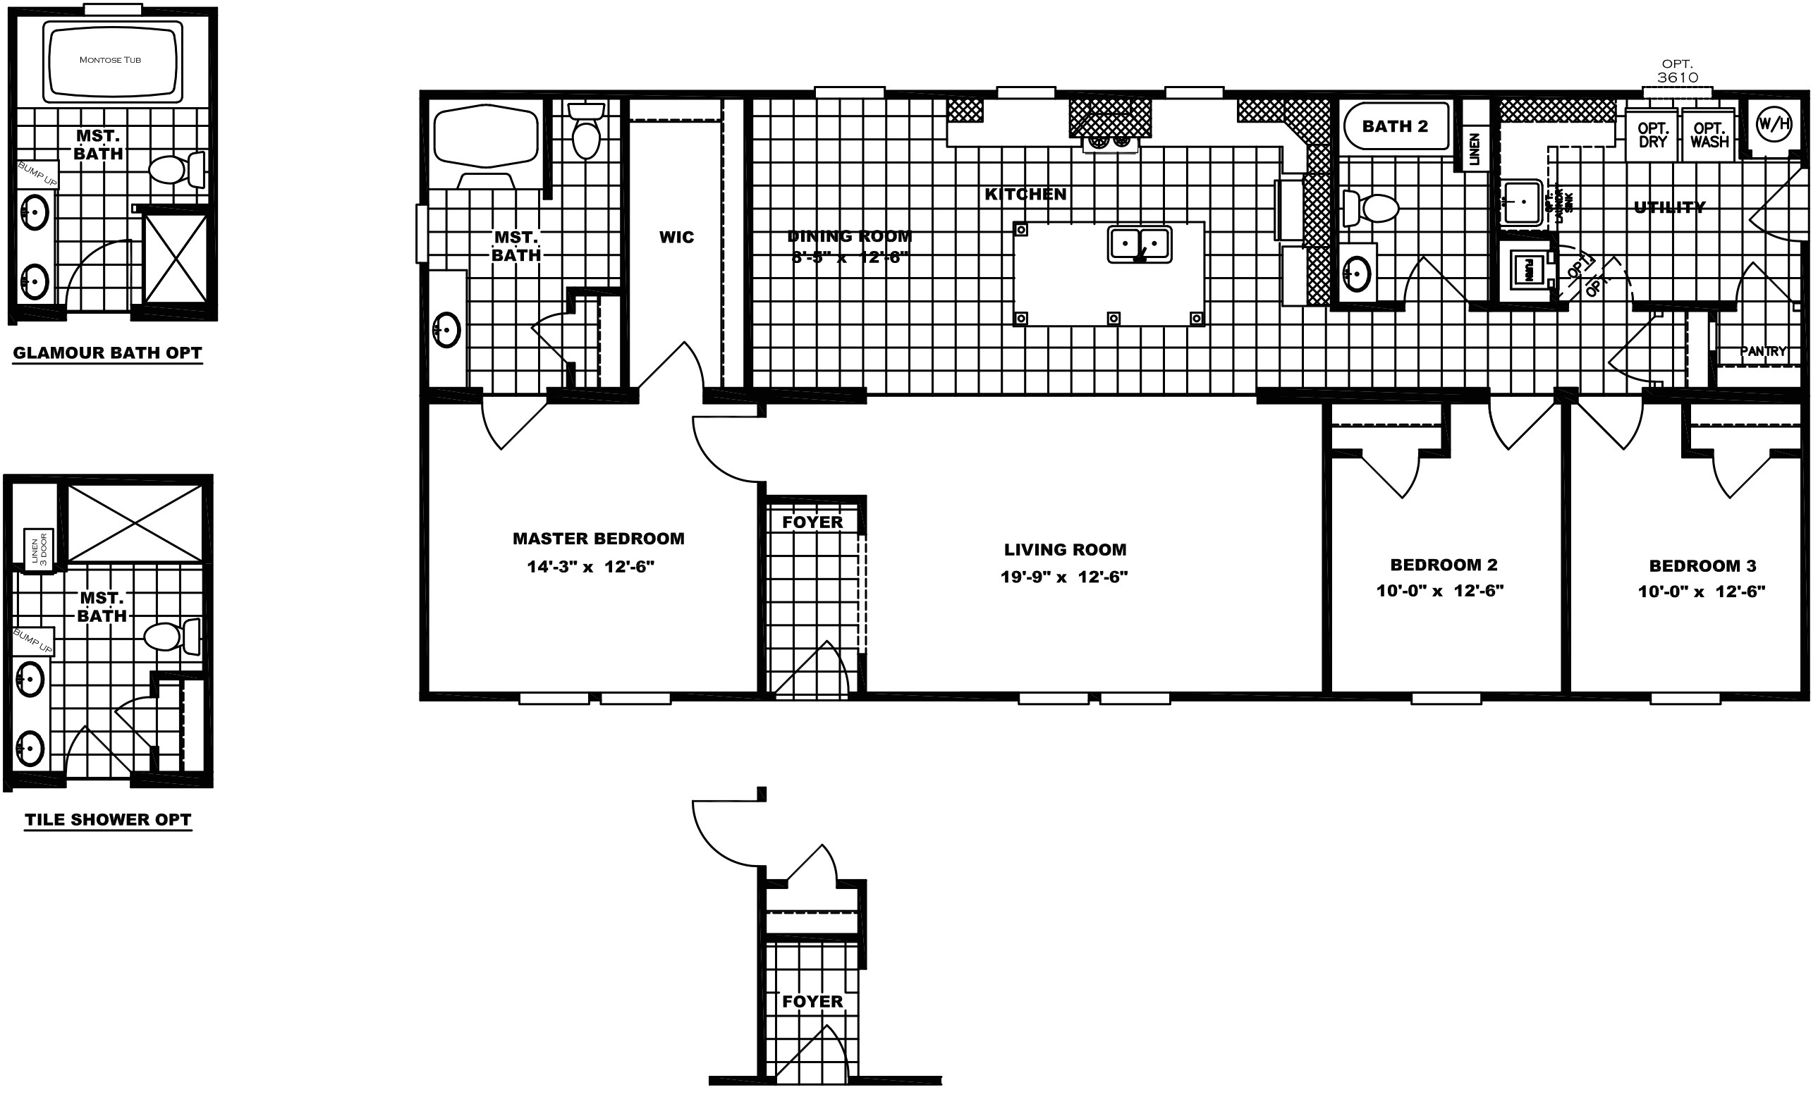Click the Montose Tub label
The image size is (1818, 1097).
click(x=110, y=60)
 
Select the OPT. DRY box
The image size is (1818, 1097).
click(x=1652, y=134)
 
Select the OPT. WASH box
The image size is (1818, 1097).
click(x=1709, y=134)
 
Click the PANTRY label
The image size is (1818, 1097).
click(x=1763, y=351)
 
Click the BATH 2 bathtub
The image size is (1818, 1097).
click(x=1394, y=126)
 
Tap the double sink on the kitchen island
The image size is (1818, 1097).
click(x=1139, y=243)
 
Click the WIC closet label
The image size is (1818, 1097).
click(x=676, y=237)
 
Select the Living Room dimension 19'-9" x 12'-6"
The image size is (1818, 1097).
click(x=1064, y=577)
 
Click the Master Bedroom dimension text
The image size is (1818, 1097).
click(x=590, y=567)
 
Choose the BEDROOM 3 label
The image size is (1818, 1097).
click(x=1702, y=566)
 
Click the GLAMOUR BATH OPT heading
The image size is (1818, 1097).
click(x=108, y=353)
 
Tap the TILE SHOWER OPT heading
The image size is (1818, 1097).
click(x=108, y=820)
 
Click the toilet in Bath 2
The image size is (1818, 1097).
click(x=1372, y=208)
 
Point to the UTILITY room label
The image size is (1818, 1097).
click(x=1669, y=207)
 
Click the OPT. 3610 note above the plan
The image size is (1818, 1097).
click(x=1677, y=71)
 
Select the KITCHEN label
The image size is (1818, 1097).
click(x=1025, y=194)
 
